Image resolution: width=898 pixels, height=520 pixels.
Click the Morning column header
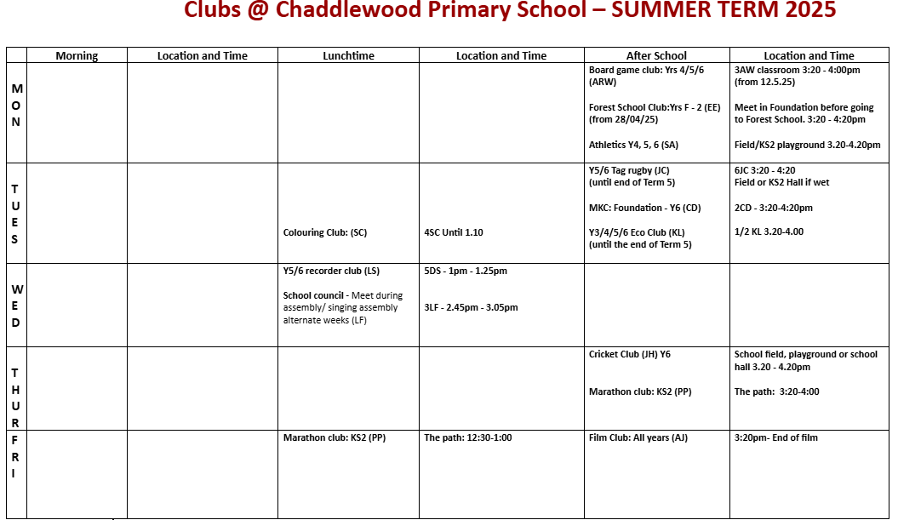click(x=77, y=56)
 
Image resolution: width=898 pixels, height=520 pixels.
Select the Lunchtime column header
click(x=348, y=56)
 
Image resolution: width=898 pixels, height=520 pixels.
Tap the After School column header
click(x=656, y=56)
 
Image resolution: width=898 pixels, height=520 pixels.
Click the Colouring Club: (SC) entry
click(x=324, y=232)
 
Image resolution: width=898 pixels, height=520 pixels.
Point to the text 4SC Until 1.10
click(x=454, y=232)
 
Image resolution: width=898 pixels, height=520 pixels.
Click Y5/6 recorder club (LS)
click(x=331, y=271)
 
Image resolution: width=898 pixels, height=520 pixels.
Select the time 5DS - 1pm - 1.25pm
click(x=466, y=271)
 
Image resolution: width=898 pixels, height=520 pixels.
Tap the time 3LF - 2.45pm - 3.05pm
click(x=471, y=308)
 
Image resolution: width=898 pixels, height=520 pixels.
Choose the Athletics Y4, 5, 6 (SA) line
click(x=633, y=145)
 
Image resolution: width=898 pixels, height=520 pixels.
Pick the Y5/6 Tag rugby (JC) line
click(x=629, y=170)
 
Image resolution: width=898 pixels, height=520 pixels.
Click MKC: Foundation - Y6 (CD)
click(x=644, y=208)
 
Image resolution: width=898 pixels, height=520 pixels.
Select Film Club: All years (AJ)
click(x=638, y=438)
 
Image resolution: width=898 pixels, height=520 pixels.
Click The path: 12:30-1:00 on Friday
click(x=467, y=438)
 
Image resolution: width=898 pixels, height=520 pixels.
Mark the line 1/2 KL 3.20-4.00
click(x=769, y=231)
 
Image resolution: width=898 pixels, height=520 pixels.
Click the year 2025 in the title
click(x=809, y=11)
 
